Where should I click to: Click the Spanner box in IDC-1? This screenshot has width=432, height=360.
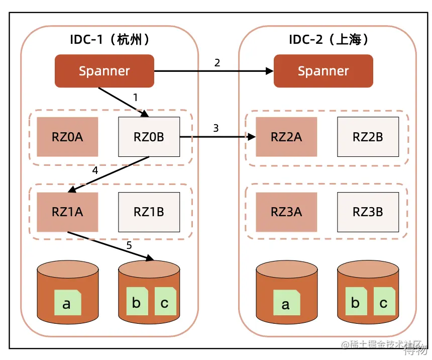pos(104,71)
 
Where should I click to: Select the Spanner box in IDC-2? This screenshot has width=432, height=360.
pos(323,71)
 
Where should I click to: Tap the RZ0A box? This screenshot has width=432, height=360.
pos(67,137)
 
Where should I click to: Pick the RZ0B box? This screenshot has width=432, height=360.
pos(149,137)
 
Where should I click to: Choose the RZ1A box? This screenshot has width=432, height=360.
pos(67,212)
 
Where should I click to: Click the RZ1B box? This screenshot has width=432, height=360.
pos(149,212)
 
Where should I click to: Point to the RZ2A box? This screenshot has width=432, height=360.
pos(286,137)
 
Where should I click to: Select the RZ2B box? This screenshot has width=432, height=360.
pos(368,137)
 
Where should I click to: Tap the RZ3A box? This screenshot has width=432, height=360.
pos(286,212)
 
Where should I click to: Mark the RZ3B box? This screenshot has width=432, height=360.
pos(368,212)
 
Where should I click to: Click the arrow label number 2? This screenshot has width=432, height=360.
pos(217,63)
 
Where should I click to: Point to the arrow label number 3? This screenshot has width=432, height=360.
pos(216,128)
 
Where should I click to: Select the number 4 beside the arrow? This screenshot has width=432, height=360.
pos(95,170)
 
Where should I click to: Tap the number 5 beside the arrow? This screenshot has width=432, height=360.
pos(129,246)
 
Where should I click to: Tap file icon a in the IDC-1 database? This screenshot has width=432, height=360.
pos(67,303)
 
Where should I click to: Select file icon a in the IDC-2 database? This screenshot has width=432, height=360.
pos(286,303)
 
